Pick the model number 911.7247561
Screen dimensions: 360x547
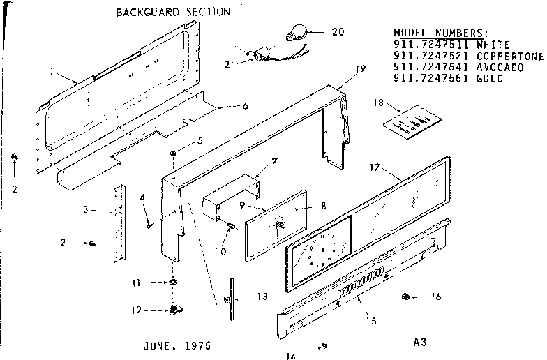[432, 78]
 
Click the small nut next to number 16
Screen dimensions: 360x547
[405, 297]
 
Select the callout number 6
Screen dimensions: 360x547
[244, 106]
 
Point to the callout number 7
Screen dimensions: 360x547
[274, 162]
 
